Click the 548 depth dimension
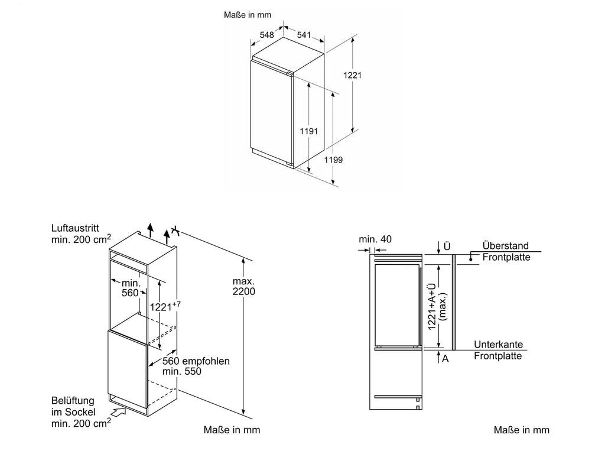tap(266, 35)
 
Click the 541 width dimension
tap(304, 35)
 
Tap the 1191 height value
tap(309, 131)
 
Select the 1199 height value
tap(333, 160)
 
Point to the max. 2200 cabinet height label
tap(243, 287)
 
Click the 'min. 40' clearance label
tap(375, 239)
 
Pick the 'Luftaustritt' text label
tap(75, 228)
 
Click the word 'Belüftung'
tap(73, 401)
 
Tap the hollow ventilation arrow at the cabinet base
tap(119, 411)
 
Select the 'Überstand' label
tap(506, 246)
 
